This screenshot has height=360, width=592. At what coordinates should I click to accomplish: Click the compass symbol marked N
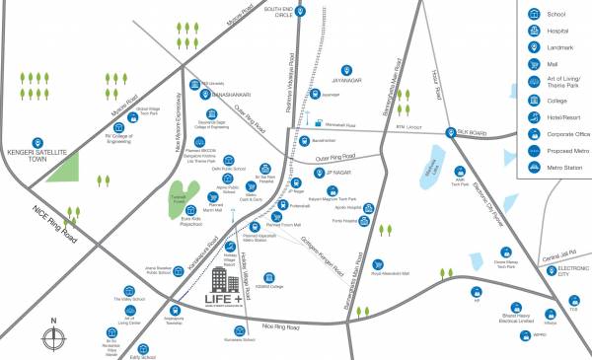click(54, 331)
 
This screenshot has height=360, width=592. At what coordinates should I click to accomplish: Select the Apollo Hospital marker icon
click(378, 209)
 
